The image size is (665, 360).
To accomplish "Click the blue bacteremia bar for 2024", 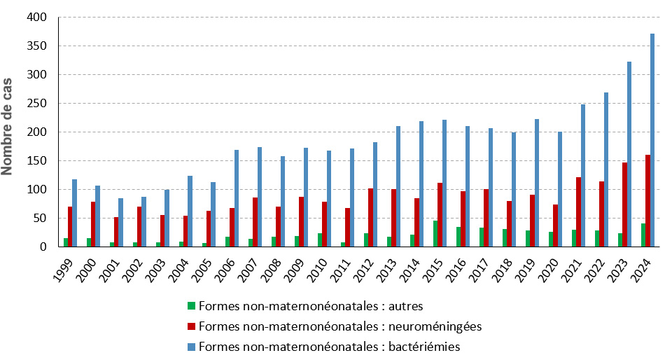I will pos(652,140).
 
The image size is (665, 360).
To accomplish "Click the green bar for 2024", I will pos(643,235).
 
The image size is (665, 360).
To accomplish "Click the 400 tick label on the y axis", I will pos(37,17).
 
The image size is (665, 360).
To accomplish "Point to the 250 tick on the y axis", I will pos(37,103).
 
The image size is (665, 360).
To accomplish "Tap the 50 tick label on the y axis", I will pos(40,218).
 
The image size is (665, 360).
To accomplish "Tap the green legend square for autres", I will pos(191,306).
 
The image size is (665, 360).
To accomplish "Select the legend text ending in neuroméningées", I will pos(340,326).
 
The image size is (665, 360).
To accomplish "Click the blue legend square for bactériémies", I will pos(191,347).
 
